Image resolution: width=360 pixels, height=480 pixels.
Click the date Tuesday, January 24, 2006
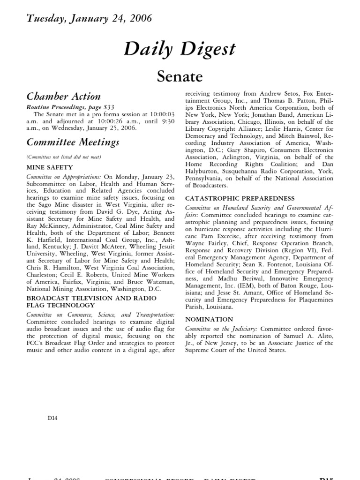89,19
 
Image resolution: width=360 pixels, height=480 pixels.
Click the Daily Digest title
180,49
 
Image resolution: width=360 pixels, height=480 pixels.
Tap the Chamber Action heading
63,97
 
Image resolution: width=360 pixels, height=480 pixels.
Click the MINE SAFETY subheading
50,167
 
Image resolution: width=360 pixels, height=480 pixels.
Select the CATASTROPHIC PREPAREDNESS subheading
240,198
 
